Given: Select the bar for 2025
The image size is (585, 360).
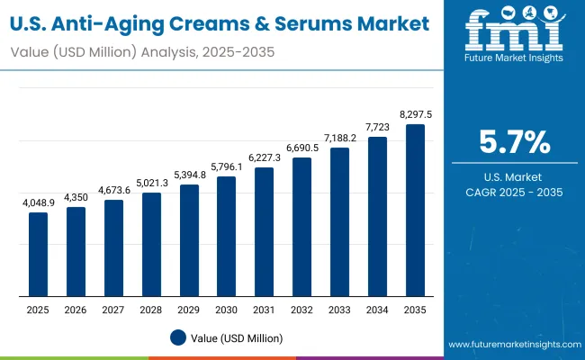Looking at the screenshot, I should click(x=38, y=255).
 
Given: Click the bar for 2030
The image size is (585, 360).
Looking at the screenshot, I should click(x=227, y=237).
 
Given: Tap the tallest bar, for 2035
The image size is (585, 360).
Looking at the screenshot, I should click(x=415, y=211).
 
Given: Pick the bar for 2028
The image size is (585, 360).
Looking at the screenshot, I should click(x=151, y=244).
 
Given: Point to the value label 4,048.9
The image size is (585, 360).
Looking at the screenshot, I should click(x=38, y=204).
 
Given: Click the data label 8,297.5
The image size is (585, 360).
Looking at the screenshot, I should click(x=415, y=115).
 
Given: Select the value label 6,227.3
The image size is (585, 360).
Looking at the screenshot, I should click(x=264, y=158).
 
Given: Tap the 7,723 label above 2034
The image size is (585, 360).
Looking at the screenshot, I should click(x=377, y=129).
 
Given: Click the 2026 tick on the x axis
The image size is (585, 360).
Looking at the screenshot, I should click(x=76, y=310).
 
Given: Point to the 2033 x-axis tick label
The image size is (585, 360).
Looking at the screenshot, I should click(x=339, y=310).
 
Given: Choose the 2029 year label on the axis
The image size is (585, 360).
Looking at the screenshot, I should click(x=189, y=310).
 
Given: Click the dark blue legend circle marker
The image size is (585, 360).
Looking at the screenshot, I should click(x=178, y=337).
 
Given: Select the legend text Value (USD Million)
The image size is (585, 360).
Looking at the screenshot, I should click(x=237, y=337).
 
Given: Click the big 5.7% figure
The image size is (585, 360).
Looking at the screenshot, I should click(x=514, y=143).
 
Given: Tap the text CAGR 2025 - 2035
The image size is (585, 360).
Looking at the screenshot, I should click(x=514, y=192).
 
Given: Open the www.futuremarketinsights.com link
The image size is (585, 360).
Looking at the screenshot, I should click(x=512, y=345).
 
